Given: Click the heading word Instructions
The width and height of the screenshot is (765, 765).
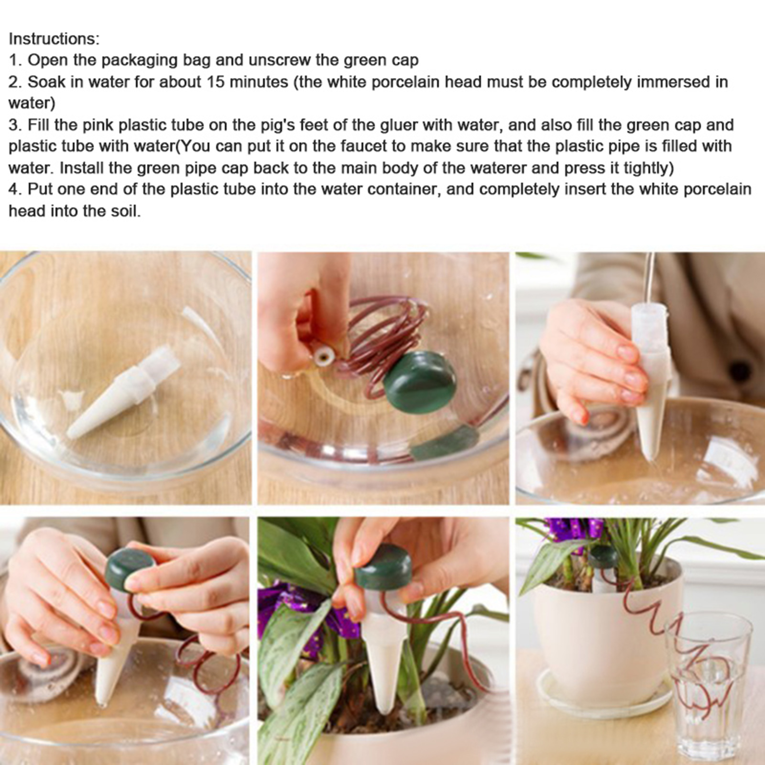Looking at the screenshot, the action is coord(54,39).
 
